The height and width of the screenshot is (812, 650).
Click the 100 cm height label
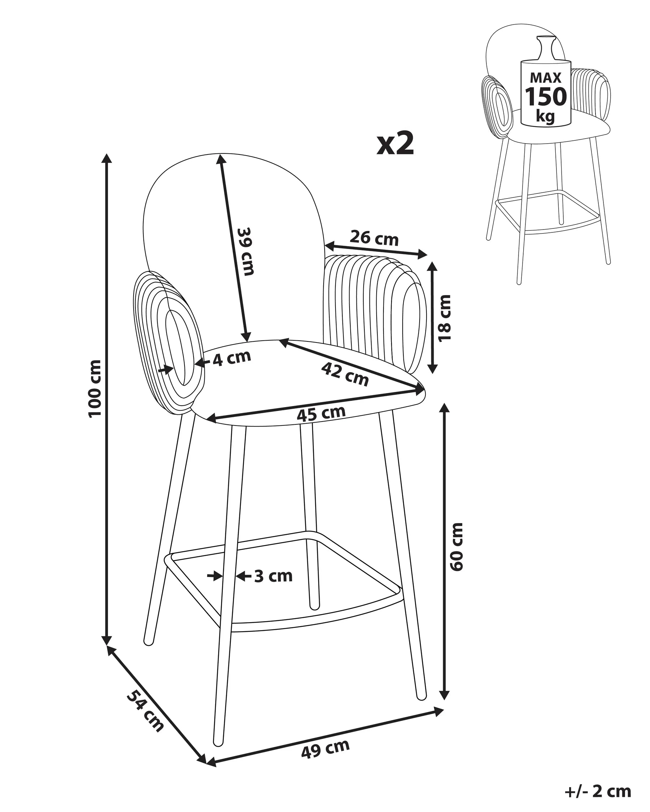(x=95, y=388)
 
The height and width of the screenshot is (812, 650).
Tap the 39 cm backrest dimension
(x=246, y=251)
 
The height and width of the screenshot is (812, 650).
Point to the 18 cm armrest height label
(x=445, y=318)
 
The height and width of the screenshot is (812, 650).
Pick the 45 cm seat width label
(x=321, y=414)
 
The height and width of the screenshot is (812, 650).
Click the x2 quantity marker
(x=395, y=145)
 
